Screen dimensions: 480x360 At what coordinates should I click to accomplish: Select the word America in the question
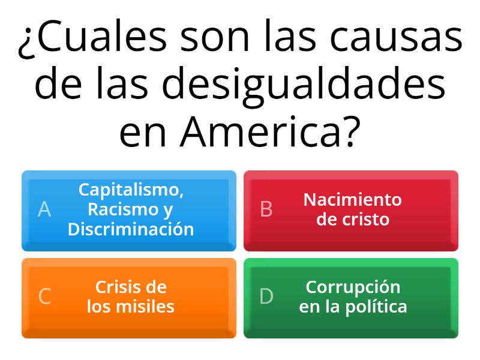tap(260, 131)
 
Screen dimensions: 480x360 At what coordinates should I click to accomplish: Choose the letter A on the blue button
tap(44, 209)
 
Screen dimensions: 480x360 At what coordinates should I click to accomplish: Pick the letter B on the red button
tap(266, 209)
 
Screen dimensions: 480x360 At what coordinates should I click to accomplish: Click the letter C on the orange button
tap(44, 296)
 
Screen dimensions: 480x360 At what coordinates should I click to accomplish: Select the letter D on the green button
tap(266, 296)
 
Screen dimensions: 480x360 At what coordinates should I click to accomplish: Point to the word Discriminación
tap(131, 229)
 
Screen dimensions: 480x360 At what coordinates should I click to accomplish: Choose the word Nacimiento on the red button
tap(353, 200)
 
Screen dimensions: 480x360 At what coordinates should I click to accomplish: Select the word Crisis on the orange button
tap(115, 287)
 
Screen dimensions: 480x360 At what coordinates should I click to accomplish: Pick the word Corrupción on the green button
tap(353, 288)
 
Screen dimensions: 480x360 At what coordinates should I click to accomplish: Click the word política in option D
tap(376, 307)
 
